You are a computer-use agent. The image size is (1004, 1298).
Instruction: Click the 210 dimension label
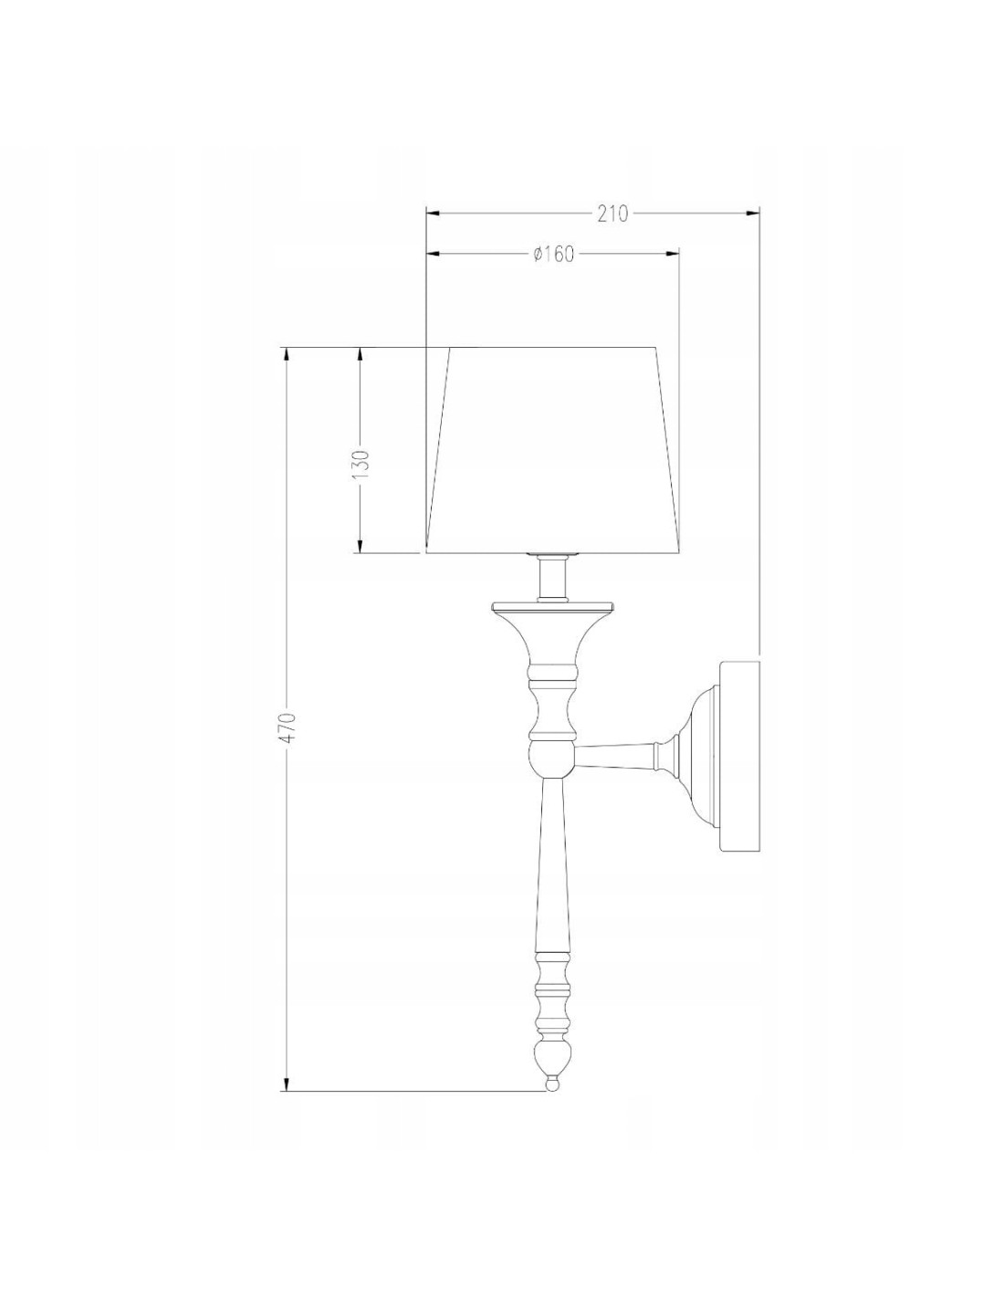(x=612, y=214)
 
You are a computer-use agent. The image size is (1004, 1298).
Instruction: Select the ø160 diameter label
(x=553, y=255)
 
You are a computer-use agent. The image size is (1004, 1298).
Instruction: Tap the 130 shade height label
(x=361, y=463)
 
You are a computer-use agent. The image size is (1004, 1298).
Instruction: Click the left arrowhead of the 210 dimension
(x=433, y=213)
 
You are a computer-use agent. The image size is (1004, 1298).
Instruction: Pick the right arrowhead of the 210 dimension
(x=752, y=213)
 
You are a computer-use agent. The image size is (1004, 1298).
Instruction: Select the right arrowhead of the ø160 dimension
(x=672, y=255)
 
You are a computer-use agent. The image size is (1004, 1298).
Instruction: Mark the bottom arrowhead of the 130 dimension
(x=360, y=546)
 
